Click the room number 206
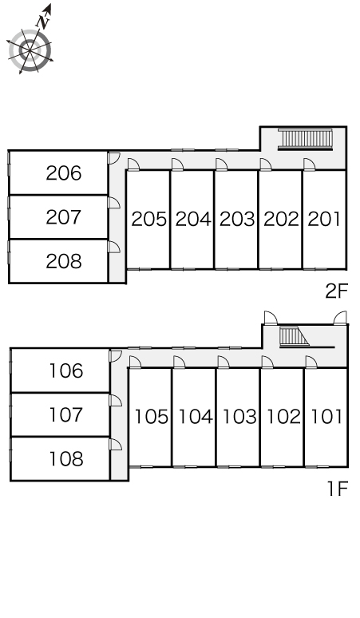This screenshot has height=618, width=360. (x=63, y=173)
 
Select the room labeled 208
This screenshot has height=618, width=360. (x=63, y=261)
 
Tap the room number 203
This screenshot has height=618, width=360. (x=237, y=219)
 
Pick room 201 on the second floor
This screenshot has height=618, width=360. (x=324, y=219)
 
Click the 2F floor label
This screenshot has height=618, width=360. (x=337, y=291)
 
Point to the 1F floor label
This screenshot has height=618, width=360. (x=338, y=489)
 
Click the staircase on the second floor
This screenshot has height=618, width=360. (x=305, y=139)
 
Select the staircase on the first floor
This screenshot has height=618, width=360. (x=294, y=337)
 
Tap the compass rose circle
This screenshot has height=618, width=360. (x=30, y=50)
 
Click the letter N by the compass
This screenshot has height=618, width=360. (x=43, y=22)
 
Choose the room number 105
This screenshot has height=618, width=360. (x=152, y=417)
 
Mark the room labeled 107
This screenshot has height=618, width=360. (x=66, y=414)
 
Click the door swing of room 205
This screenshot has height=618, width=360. (x=133, y=164)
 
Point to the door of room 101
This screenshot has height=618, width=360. (x=311, y=362)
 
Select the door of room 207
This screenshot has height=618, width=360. (x=114, y=203)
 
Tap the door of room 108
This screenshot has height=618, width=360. (x=116, y=444)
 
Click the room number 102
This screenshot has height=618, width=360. (x=283, y=417)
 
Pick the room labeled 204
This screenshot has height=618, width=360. (x=193, y=219)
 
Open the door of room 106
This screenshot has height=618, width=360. (x=116, y=356)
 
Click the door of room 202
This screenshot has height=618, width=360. (x=266, y=164)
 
